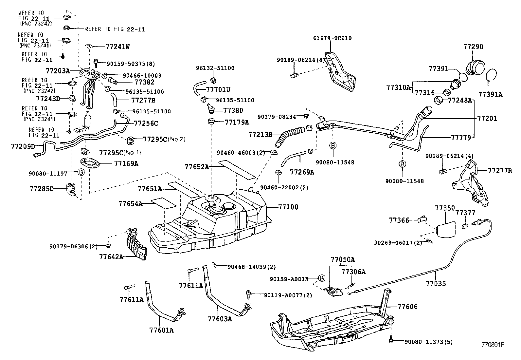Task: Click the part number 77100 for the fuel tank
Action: [x=288, y=207]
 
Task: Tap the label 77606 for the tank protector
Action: [x=407, y=307]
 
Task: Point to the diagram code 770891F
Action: [x=493, y=345]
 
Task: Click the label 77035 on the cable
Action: [x=436, y=283]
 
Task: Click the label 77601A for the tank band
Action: [x=161, y=330]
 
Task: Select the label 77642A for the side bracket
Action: [x=111, y=256]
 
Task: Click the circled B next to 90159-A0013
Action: [x=321, y=279]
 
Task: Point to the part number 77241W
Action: [x=117, y=47]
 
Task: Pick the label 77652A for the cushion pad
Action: [x=196, y=166]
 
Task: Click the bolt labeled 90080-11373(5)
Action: [x=391, y=340]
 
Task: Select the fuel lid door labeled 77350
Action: [x=446, y=228]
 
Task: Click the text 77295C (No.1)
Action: [x=120, y=152]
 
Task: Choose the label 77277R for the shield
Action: [x=500, y=170]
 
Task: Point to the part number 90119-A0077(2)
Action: [x=288, y=295]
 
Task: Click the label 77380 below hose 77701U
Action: [x=233, y=111]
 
